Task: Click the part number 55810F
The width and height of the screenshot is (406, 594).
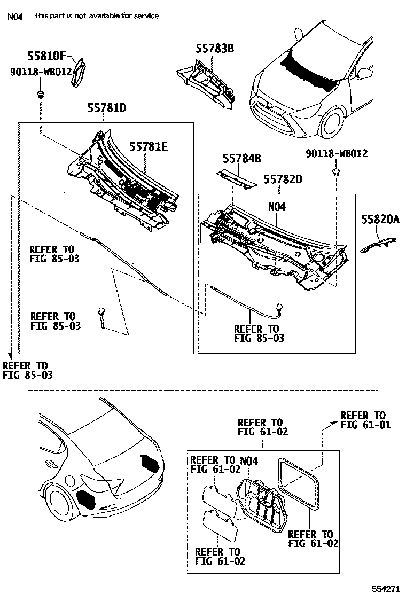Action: [x=48, y=55]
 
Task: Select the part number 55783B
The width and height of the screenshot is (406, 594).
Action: [x=215, y=49]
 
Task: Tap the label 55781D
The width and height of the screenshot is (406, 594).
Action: [x=107, y=108]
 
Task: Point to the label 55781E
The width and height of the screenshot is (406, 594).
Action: [x=148, y=146]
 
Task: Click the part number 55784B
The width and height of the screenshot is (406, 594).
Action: [x=242, y=158]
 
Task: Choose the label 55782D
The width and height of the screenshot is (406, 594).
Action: [x=283, y=179]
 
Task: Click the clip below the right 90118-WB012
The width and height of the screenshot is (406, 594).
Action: [x=337, y=171]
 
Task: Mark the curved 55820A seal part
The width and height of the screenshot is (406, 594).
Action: [x=379, y=243]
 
